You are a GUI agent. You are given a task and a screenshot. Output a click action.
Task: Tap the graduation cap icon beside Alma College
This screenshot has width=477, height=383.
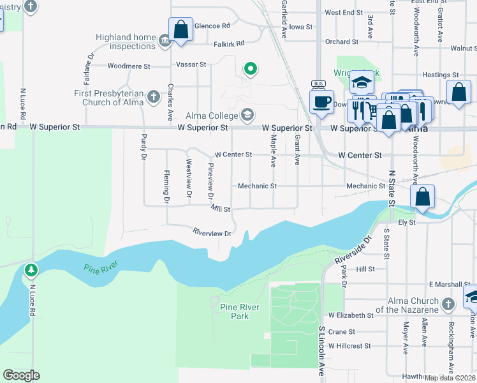[247, 116]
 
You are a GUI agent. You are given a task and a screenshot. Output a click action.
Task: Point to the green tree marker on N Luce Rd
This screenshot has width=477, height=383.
[31, 270]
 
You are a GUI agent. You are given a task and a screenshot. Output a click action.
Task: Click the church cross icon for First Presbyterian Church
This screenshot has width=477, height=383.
[153, 97]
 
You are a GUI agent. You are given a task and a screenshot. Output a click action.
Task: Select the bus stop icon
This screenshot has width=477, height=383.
[318, 84]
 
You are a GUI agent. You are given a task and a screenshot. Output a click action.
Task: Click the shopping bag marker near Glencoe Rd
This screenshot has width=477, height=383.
[180, 29]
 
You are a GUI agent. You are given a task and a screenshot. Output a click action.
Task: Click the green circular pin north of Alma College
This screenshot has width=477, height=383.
[251, 68]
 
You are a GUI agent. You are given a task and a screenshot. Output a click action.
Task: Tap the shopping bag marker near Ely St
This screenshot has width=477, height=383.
[422, 197]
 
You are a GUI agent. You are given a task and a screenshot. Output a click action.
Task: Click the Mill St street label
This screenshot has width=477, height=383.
[221, 209]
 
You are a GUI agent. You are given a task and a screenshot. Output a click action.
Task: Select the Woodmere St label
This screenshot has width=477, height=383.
[129, 66]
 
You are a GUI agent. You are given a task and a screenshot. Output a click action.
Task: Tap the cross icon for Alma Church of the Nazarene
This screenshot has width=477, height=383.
[448, 304]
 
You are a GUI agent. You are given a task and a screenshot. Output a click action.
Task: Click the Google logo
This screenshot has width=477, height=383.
[21, 375]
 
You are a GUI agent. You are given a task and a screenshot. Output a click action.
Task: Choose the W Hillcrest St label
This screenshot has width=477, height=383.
[349, 346]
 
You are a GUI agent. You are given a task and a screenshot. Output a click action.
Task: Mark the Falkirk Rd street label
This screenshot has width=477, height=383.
[230, 43]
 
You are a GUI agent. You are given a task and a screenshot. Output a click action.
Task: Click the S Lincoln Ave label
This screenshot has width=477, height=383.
[321, 351]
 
